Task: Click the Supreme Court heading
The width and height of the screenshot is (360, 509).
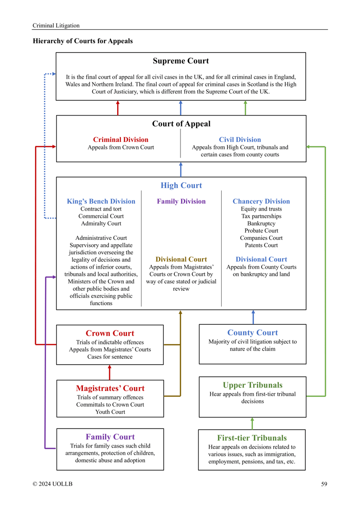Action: (180, 61)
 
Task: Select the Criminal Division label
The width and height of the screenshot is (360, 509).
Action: (120, 140)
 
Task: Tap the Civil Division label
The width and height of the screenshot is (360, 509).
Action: (240, 140)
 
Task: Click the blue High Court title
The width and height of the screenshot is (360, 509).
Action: (181, 185)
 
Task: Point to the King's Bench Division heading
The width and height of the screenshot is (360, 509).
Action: (101, 201)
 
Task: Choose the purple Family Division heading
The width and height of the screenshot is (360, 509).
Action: (181, 201)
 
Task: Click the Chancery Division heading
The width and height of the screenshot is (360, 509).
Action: (261, 201)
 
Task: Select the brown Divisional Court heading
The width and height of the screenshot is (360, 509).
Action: (181, 260)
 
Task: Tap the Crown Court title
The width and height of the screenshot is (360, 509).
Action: (110, 333)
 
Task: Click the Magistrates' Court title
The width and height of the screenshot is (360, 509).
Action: (110, 388)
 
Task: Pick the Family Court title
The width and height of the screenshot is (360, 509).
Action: (110, 437)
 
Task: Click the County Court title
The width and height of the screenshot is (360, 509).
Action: (252, 333)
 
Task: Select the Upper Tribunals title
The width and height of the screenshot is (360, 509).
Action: (252, 385)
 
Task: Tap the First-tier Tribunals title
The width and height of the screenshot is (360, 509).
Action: (252, 438)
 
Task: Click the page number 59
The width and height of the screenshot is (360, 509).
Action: (324, 484)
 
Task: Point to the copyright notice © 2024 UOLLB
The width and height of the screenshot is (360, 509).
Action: (52, 484)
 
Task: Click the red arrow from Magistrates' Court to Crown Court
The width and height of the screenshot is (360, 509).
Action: (109, 372)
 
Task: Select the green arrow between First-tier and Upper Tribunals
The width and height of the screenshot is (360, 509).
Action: (252, 424)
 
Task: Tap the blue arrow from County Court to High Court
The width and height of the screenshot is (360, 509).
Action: (253, 317)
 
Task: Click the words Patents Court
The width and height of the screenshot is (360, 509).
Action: (261, 246)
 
